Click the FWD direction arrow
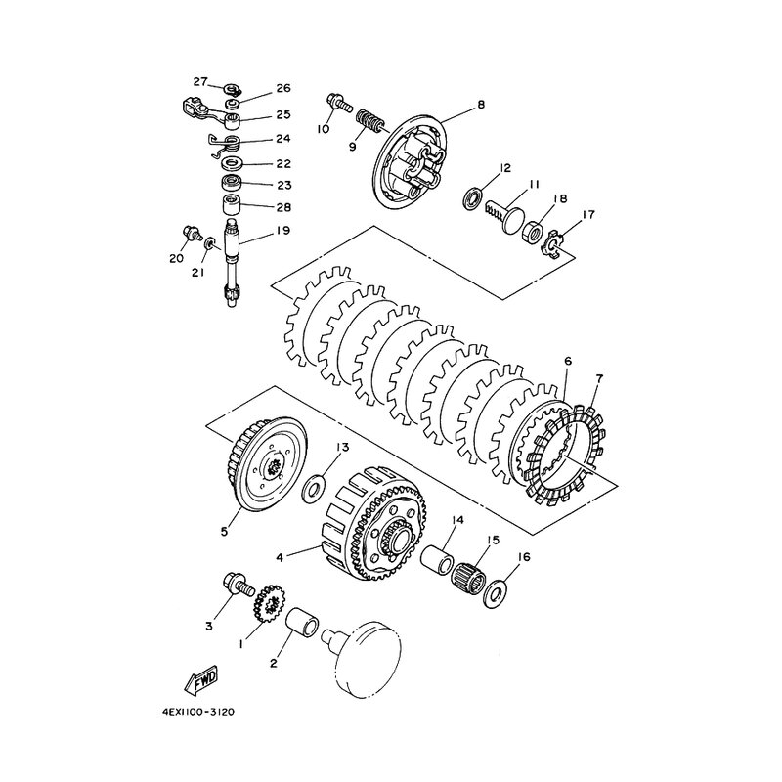tap(200, 680)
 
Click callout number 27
tap(200, 82)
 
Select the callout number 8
tap(480, 105)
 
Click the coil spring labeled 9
tap(369, 121)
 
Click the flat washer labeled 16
tap(495, 592)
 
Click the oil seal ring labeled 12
tap(473, 197)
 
